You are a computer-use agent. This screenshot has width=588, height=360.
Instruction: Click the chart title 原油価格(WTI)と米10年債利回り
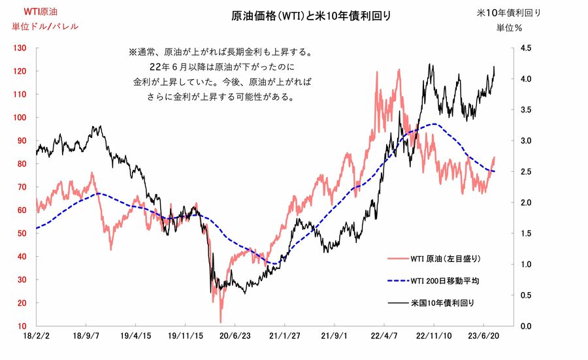point(312,15)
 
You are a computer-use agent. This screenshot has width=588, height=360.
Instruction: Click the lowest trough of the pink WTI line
point(220,321)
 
